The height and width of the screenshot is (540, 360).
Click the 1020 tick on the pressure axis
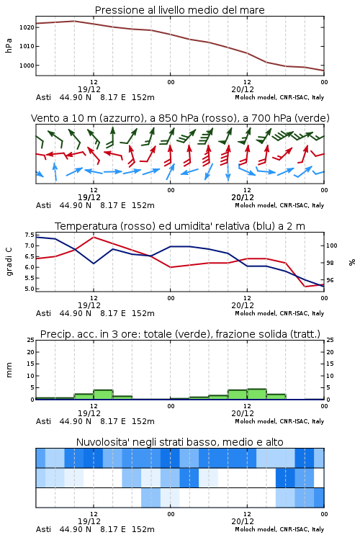[27, 27]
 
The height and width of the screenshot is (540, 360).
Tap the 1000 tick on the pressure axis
[27, 66]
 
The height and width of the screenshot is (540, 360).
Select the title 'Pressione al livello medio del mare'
[180, 10]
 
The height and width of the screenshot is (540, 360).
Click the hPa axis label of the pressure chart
[9, 46]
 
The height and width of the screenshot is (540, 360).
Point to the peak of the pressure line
[74, 21]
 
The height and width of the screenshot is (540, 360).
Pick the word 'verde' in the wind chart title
[312, 118]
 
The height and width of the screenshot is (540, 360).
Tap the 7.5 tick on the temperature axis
[30, 235]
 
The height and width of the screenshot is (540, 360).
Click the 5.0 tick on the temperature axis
[30, 289]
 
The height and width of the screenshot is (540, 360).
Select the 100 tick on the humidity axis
[332, 246]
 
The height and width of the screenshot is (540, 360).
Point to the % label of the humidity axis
[352, 262]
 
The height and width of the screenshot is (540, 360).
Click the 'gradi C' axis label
[9, 261]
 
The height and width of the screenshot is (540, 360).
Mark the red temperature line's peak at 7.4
[94, 237]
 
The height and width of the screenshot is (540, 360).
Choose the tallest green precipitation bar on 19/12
[104, 395]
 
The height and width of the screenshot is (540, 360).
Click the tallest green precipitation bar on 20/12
[256, 394]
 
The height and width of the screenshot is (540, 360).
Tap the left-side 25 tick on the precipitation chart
[31, 340]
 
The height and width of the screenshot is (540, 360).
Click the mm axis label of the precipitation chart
[9, 369]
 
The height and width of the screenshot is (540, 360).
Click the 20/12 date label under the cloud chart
[243, 521]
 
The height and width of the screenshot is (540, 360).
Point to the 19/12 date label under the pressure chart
[89, 89]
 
